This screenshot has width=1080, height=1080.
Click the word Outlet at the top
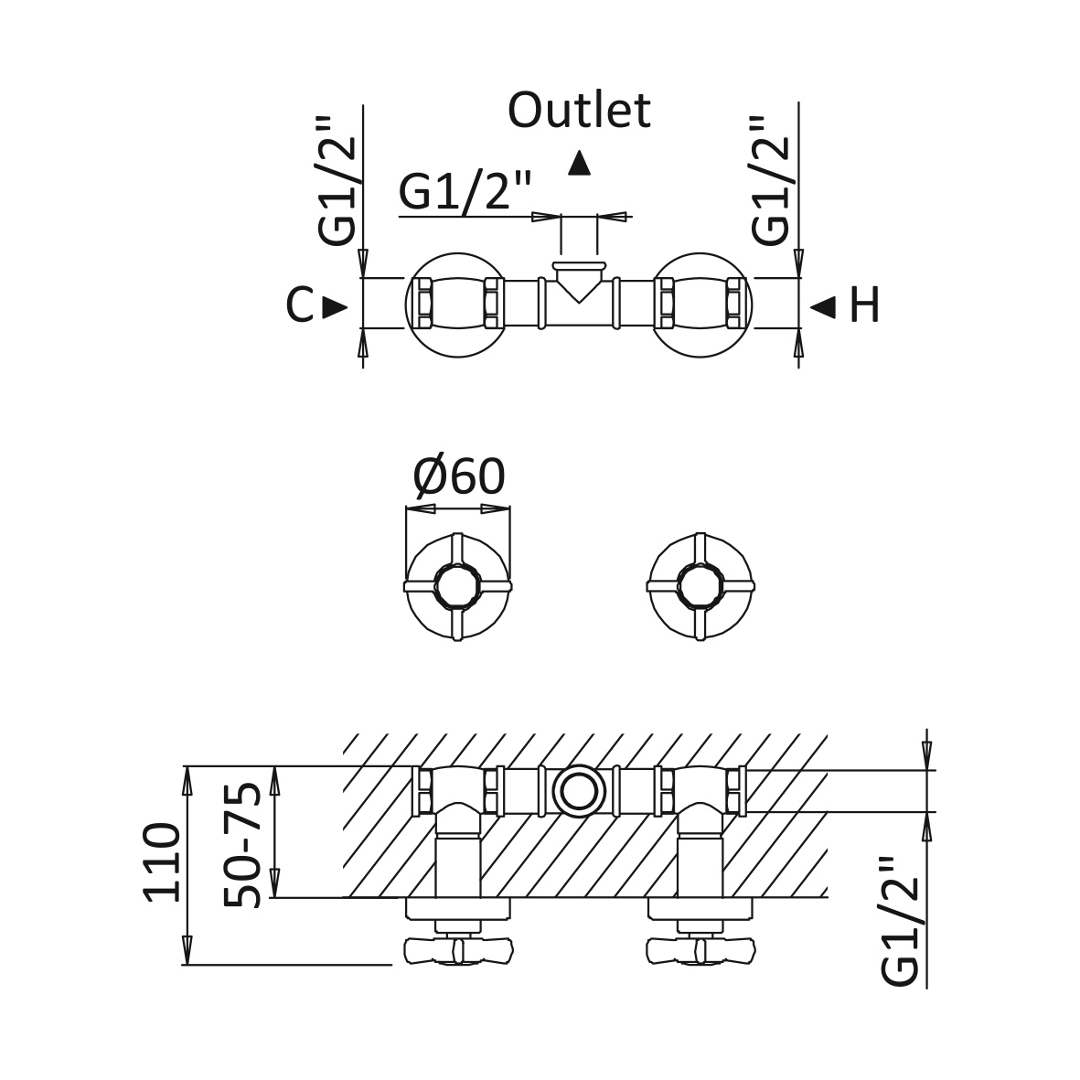579,110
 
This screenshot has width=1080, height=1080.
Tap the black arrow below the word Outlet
580,164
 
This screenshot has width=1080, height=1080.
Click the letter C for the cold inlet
300,305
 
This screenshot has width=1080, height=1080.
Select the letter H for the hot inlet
864,305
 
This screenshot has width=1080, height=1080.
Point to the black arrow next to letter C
336,306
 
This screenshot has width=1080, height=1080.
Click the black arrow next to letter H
822,306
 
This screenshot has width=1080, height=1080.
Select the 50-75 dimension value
242,845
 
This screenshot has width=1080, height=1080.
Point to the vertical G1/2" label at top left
337,180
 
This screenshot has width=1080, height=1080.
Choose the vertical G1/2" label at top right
771,180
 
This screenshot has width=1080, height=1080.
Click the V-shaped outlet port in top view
579,282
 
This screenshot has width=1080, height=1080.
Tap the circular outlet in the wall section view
579,791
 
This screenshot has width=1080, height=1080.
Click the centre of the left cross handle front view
458,587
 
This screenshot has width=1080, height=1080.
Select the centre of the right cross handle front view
700,587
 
